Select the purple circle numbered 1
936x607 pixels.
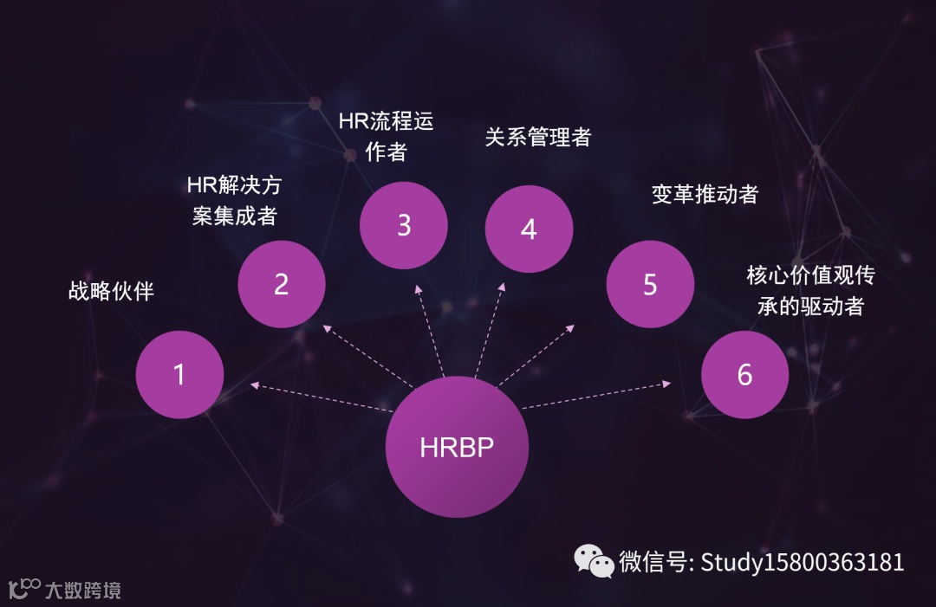pyautogui.click(x=179, y=374)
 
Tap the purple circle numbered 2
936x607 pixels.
pyautogui.click(x=281, y=284)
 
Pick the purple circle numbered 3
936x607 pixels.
pyautogui.click(x=403, y=225)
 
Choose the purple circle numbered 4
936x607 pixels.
pyautogui.click(x=529, y=229)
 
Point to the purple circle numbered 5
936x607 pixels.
pyautogui.click(x=650, y=284)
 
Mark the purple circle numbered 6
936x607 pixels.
pyautogui.click(x=744, y=374)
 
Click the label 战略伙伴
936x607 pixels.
pyautogui.click(x=111, y=291)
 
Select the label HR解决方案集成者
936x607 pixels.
pyautogui.click(x=234, y=200)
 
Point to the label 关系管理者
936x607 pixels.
pyautogui.click(x=537, y=137)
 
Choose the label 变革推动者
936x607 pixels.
pyautogui.click(x=705, y=194)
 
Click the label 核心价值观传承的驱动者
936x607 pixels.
pyautogui.click(x=810, y=290)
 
